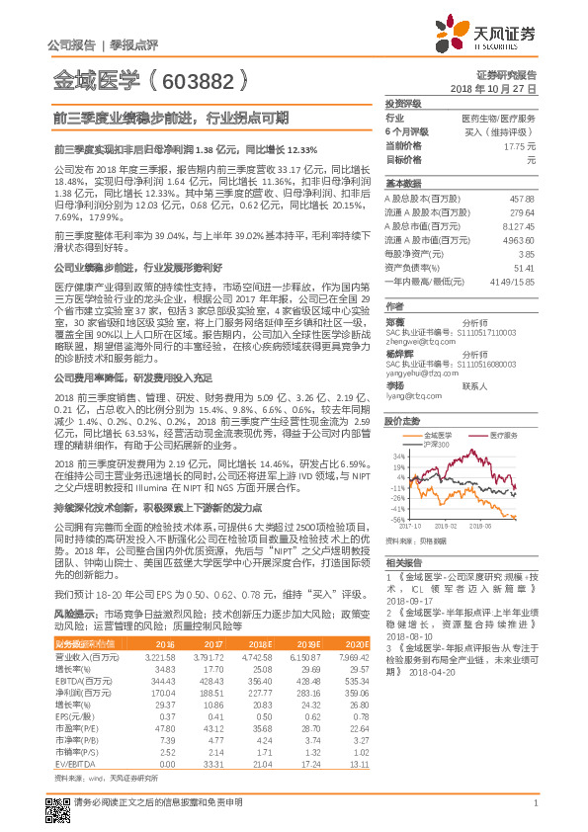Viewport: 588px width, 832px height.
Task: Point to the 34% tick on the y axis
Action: point(397,457)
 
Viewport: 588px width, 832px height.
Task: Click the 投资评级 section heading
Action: point(403,103)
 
